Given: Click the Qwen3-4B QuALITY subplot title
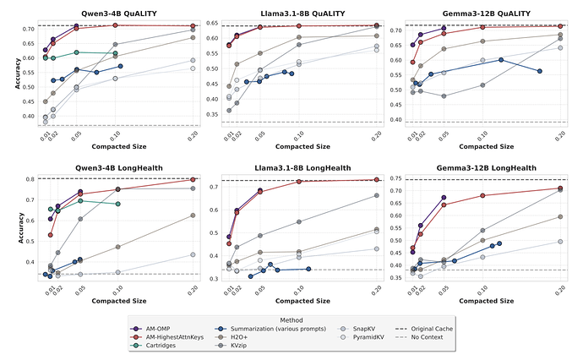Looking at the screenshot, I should (x=118, y=14).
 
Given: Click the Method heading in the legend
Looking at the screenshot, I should (x=291, y=319).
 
